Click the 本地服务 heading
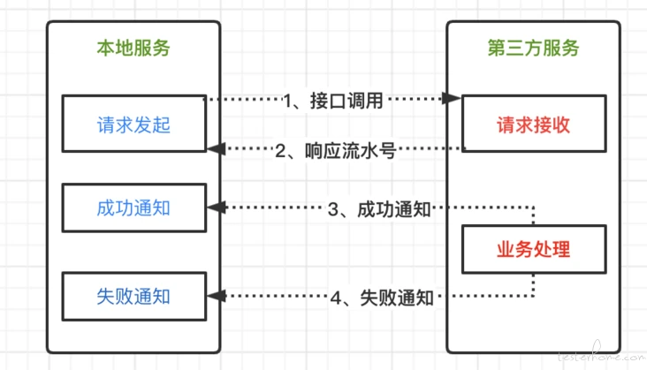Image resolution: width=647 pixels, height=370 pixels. point(133,49)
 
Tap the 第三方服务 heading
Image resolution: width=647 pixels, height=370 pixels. point(533,49)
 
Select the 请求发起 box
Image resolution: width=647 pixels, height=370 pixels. point(134,124)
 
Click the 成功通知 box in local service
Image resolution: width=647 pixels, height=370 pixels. point(134,208)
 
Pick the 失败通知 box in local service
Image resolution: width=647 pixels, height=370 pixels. point(134,296)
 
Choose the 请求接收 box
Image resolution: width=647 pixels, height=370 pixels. point(534,124)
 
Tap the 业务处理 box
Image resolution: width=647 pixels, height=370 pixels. point(534,249)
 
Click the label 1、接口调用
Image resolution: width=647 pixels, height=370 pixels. point(333,101)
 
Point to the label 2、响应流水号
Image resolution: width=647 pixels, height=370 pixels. point(336,151)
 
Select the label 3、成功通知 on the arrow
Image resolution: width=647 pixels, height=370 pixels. point(379,209)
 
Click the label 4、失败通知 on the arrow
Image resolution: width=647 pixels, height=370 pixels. point(382,298)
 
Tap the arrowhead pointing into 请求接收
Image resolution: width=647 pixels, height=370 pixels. point(452,99)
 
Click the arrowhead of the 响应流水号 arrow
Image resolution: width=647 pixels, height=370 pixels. point(216,148)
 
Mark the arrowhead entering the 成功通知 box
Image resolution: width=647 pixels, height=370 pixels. point(216,208)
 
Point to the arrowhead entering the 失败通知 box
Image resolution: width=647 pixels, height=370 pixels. point(216,296)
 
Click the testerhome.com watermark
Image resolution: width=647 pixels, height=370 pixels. point(602,354)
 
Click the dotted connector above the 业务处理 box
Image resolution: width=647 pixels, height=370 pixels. point(533,215)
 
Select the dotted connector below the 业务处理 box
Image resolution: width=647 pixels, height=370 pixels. point(533,284)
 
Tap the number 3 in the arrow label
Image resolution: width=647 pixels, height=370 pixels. point(333,209)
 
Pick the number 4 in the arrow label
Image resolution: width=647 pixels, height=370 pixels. point(336,298)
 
